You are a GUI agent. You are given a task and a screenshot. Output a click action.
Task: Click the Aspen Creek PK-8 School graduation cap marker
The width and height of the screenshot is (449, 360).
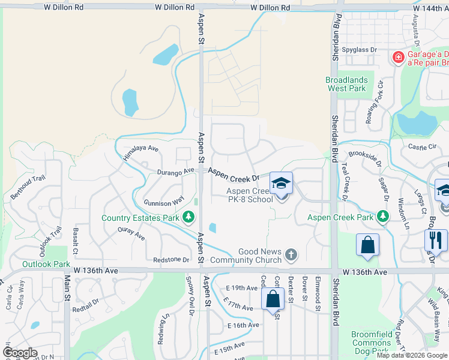[281, 183]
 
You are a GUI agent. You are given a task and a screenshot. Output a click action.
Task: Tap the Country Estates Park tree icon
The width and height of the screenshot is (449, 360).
[188, 217]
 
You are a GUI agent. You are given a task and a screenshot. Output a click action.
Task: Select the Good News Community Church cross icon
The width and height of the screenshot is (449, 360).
[291, 255]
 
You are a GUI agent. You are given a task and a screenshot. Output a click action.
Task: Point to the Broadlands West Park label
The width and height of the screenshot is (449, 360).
[346, 84]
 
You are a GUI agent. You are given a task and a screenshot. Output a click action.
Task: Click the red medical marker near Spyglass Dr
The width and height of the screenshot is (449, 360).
[397, 58]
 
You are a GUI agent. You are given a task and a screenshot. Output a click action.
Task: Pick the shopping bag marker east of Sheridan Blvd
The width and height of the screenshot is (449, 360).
[367, 244]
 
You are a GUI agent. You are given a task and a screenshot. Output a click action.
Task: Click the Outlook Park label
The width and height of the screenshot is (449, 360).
[46, 264]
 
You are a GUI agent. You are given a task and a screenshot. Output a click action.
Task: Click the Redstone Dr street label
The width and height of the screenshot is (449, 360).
[171, 260]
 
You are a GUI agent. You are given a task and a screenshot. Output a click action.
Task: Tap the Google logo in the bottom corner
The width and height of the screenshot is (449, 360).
[20, 352]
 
